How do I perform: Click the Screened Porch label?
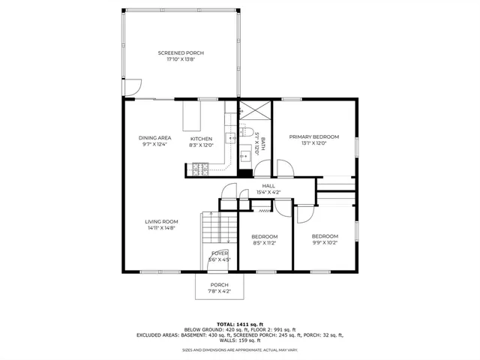(x=181, y=53)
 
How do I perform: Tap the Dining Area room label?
(x=154, y=138)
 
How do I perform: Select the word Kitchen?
(x=201, y=139)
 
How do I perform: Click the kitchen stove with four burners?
(x=200, y=169)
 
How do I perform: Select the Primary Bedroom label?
(x=314, y=136)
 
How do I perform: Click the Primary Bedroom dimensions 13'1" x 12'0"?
(x=314, y=144)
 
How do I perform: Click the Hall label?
(x=268, y=186)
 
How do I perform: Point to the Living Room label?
(x=161, y=221)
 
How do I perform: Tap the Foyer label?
(x=219, y=253)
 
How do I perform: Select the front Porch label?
(x=219, y=284)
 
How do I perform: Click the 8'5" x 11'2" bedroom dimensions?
(x=264, y=243)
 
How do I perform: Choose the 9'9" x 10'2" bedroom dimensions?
(x=325, y=242)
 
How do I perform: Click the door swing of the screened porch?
(x=130, y=88)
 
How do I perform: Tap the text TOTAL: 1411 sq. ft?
(x=240, y=323)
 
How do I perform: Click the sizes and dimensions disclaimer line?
(x=240, y=349)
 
